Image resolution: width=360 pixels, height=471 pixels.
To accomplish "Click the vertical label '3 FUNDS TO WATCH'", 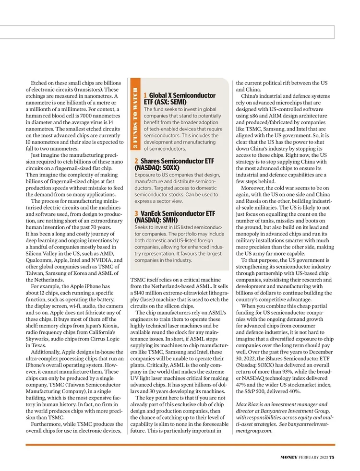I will tap(136, 119).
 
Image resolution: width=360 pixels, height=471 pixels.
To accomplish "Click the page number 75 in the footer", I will tap(332, 457).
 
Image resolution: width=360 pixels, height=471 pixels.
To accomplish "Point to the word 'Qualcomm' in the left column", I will tap(40, 260).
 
